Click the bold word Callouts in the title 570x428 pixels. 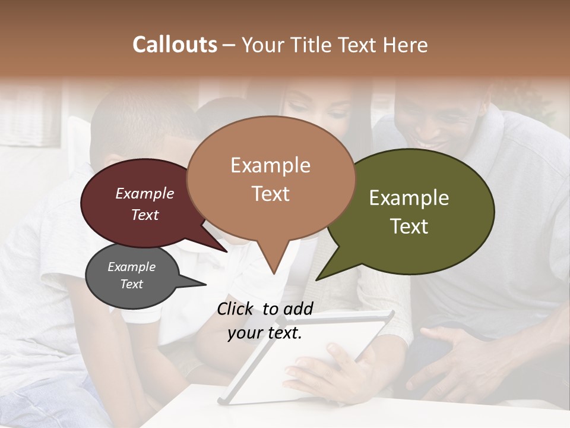175,45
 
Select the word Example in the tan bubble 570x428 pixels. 270,165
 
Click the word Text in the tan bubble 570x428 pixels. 270,194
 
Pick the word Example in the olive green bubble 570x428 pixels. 409,198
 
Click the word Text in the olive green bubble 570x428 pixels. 409,226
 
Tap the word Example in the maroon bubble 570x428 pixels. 144,194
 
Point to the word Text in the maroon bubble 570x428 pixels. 144,215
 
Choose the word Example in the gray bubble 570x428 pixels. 131,267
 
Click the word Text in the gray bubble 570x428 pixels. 131,284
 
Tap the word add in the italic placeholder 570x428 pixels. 298,309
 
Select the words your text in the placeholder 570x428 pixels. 264,333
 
